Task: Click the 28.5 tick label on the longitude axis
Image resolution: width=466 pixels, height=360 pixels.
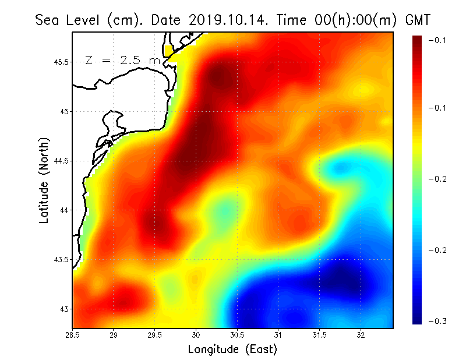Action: pyautogui.click(x=73, y=334)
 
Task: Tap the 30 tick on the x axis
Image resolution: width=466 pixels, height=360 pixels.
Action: pyautogui.click(x=196, y=334)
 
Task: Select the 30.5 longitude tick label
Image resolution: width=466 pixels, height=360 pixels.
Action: pyautogui.click(x=237, y=334)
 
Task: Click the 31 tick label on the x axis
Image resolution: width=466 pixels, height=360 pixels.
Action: pyautogui.click(x=278, y=334)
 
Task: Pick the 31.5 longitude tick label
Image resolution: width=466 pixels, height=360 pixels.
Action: pyautogui.click(x=320, y=334)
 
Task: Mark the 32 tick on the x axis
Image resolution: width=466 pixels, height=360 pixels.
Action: pyautogui.click(x=361, y=334)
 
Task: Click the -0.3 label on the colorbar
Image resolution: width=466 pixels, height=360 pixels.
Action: pyautogui.click(x=437, y=321)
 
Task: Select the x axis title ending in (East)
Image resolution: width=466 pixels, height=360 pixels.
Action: pyautogui.click(x=232, y=350)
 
